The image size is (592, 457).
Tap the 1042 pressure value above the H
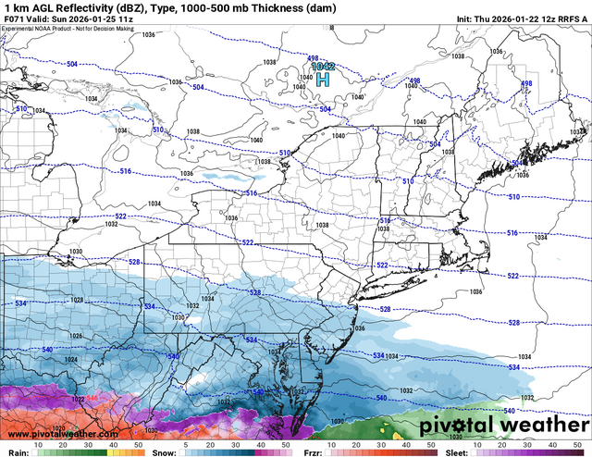323,67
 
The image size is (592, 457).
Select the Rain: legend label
14,452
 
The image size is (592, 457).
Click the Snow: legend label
161,452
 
